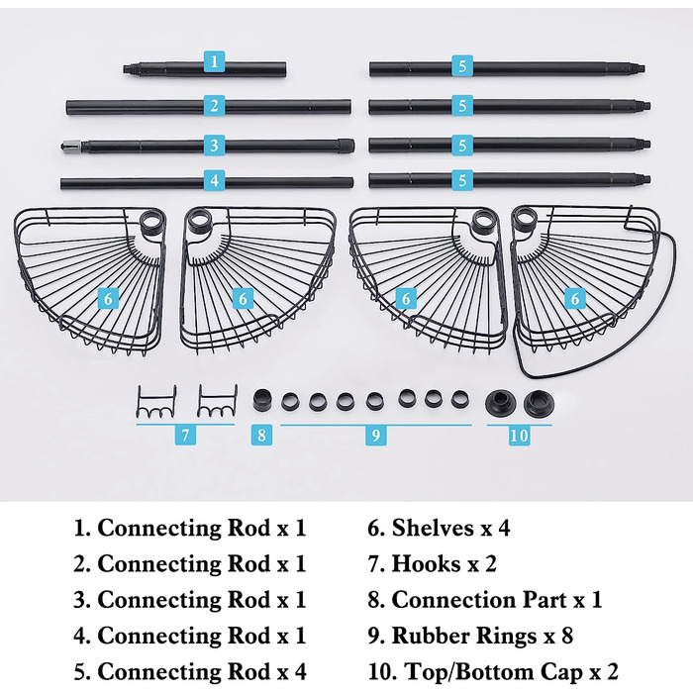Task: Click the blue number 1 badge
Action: pos(215,61)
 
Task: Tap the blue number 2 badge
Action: pos(215,106)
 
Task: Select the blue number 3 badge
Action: pos(215,145)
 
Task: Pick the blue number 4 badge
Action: pos(215,180)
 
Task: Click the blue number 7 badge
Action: pos(185,436)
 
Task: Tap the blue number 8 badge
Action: pos(261,435)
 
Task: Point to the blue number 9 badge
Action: pos(375,436)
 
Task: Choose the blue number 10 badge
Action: pos(520,436)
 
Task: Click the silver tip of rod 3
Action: pos(70,146)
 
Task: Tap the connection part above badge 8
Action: pos(262,400)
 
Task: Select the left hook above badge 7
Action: pos(156,402)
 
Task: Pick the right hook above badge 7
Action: pos(217,401)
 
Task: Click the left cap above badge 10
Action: pos(500,403)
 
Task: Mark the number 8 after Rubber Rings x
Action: pos(567,636)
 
